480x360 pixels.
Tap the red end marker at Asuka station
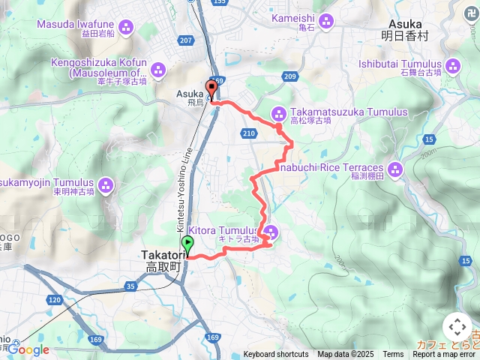(x=211, y=88)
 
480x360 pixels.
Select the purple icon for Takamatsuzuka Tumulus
(x=278, y=113)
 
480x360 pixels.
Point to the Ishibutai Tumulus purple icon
(x=452, y=66)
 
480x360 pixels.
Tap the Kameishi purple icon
(x=325, y=19)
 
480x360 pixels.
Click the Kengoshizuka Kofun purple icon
(x=158, y=70)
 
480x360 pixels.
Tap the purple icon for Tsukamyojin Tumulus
(x=105, y=184)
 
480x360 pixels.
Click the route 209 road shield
(x=290, y=76)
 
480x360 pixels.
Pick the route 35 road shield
(x=131, y=286)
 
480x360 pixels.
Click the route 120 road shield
(x=55, y=299)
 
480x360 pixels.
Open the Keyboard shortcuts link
(x=275, y=354)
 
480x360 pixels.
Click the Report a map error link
(x=445, y=354)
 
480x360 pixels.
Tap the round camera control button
(x=457, y=328)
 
